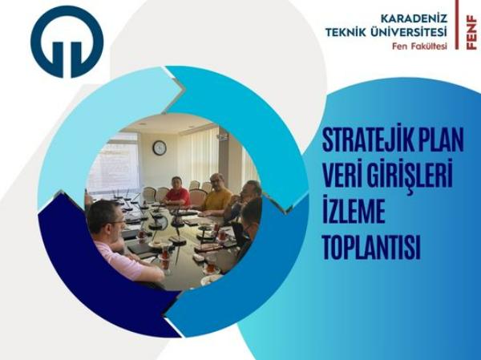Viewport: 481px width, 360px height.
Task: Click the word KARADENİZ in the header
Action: coord(414,18)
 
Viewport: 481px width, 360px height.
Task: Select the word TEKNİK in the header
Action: coord(346,32)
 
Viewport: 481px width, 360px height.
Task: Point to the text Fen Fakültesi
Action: coord(419,46)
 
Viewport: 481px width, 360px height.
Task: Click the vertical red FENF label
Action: coord(471,33)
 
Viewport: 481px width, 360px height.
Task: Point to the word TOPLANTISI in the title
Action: coord(371,247)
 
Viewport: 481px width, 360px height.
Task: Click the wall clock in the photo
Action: coord(160,148)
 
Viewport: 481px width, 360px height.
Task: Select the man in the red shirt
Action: coord(176,191)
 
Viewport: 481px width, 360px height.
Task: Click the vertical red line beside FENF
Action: coord(457,25)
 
